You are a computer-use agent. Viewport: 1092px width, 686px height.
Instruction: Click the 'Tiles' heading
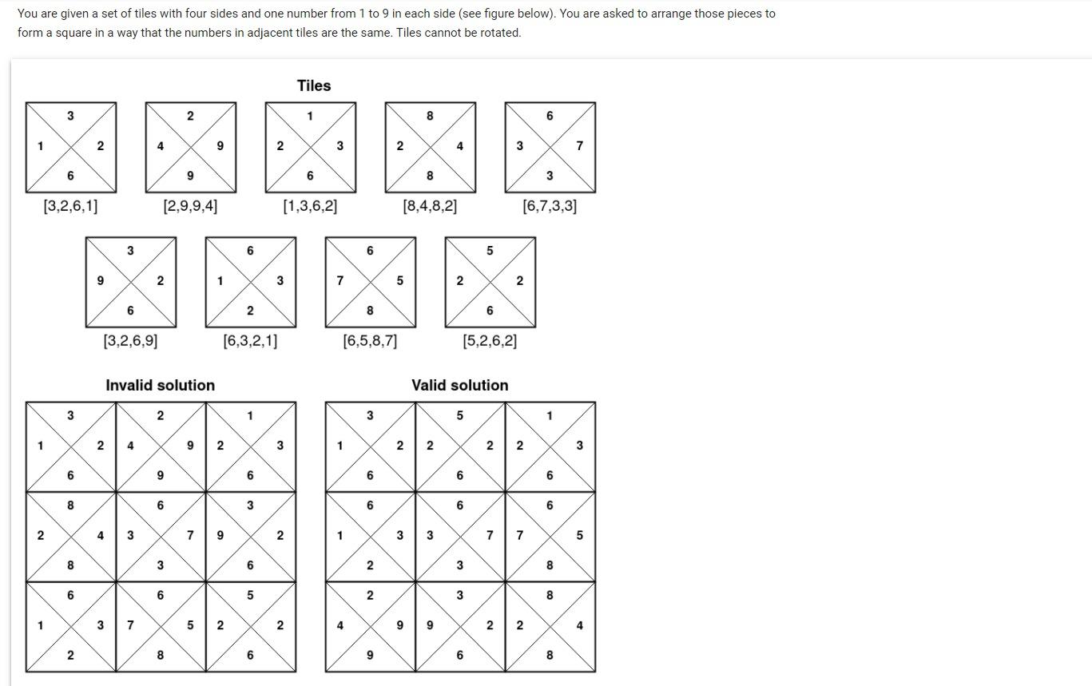(314, 85)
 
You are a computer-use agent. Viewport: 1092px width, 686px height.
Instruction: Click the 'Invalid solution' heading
(160, 385)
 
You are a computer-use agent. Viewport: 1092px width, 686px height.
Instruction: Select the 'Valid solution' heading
(459, 385)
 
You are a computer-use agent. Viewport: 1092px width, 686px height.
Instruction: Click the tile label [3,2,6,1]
(70, 206)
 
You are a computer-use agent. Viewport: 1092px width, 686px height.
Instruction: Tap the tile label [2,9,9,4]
(190, 206)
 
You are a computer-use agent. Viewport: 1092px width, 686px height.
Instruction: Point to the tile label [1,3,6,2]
(310, 206)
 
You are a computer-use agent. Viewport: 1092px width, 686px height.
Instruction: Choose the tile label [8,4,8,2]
(430, 206)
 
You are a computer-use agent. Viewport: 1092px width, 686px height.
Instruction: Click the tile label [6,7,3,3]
(550, 206)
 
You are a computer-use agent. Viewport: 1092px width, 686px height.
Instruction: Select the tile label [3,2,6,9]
(130, 341)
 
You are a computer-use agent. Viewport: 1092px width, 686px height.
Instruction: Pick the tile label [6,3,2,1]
(250, 341)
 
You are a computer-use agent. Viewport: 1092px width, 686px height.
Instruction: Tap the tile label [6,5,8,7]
(370, 341)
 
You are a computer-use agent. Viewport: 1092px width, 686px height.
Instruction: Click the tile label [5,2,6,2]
(490, 341)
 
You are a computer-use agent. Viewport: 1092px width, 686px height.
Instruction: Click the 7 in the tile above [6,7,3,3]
(580, 145)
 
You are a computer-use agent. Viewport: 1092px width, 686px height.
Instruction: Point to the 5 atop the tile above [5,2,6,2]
(490, 251)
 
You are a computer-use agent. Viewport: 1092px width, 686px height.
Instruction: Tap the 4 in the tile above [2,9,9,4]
(161, 145)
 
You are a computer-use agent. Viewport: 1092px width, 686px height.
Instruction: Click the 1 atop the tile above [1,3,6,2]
(310, 116)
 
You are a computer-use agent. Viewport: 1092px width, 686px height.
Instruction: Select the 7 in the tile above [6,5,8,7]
(340, 280)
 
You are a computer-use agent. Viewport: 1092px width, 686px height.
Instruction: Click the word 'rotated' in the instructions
(499, 33)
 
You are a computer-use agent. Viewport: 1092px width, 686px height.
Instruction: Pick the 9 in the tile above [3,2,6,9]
(100, 280)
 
